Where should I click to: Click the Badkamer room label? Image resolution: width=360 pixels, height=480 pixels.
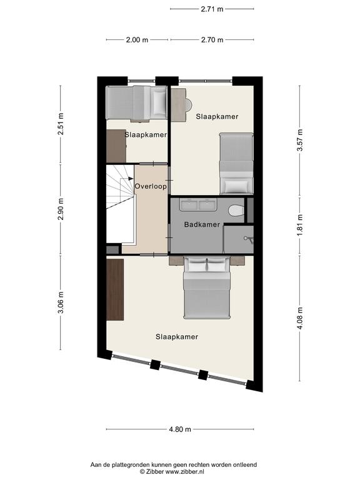click(202, 224)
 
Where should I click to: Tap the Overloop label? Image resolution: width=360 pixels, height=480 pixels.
click(151, 186)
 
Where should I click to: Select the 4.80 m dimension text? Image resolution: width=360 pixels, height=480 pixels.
click(180, 429)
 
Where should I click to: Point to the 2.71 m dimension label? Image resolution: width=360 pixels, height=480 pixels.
click(212, 9)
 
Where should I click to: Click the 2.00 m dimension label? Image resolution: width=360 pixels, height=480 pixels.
click(137, 39)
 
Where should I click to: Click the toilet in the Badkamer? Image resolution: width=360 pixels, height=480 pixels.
click(236, 210)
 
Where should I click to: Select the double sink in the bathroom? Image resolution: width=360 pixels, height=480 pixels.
click(198, 204)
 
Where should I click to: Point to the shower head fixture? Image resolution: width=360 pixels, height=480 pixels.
click(249, 239)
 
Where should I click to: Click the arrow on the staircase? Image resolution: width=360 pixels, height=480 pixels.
click(126, 179)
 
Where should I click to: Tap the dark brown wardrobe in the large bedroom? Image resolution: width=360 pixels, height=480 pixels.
click(115, 289)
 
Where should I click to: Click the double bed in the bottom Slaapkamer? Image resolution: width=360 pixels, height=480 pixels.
click(207, 287)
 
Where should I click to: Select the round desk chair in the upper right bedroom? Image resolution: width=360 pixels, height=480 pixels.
click(189, 105)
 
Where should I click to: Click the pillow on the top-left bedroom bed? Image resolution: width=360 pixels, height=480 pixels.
click(159, 102)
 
